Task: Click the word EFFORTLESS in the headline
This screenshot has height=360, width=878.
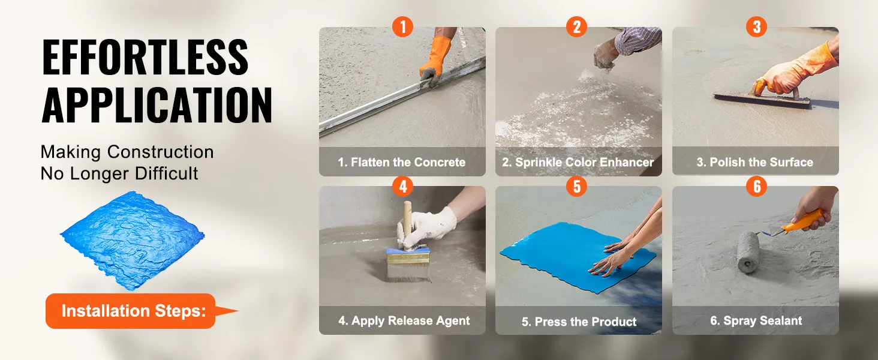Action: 145,57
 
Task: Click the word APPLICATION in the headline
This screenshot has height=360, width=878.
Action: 157,105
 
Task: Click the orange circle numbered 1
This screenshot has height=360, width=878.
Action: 402,26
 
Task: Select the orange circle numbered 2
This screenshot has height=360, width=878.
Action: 576,26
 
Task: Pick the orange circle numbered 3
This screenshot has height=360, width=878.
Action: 756,26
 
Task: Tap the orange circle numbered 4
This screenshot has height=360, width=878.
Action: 402,186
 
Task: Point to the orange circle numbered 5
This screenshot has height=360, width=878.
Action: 576,186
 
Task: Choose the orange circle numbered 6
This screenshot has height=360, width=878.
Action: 756,186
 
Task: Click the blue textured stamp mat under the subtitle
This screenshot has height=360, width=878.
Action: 132,240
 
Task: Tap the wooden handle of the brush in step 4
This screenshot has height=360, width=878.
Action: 408,224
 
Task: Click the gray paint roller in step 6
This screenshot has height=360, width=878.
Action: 748,252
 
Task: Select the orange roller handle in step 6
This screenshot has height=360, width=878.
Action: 803,220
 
